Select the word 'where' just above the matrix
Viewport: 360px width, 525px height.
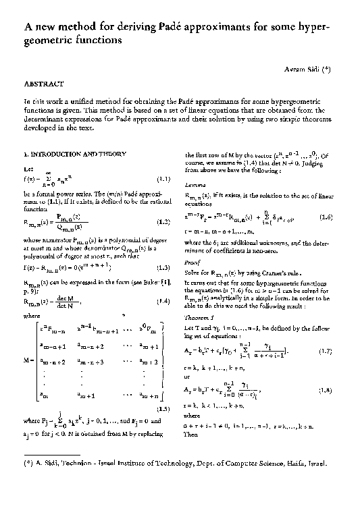pyautogui.click(x=32, y=314)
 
